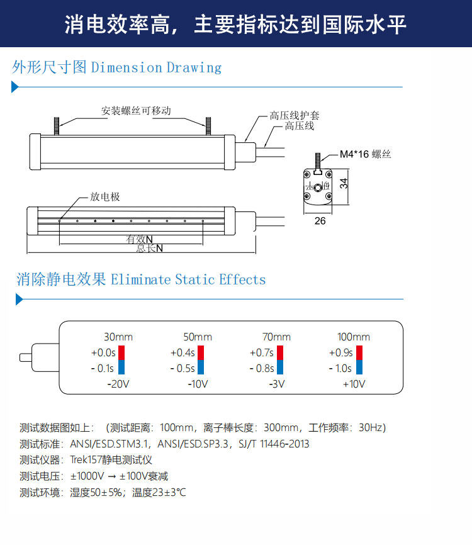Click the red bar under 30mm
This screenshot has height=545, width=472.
[122, 352]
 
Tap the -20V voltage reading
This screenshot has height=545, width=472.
[118, 384]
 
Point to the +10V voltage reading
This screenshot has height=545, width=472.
[354, 384]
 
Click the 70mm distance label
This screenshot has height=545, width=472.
[276, 337]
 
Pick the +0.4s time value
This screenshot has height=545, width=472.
[183, 352]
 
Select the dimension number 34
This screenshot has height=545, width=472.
[344, 184]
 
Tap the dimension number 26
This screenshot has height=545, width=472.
[320, 221]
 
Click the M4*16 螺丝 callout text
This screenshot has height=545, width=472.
[366, 155]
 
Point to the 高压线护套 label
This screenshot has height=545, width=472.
[295, 116]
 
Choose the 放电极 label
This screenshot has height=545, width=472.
[104, 197]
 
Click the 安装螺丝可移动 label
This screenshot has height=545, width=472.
[136, 111]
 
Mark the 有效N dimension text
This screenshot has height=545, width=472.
[140, 239]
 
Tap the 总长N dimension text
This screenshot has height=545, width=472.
[149, 248]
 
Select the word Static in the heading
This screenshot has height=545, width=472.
[195, 279]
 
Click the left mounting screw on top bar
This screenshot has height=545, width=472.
[58, 125]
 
